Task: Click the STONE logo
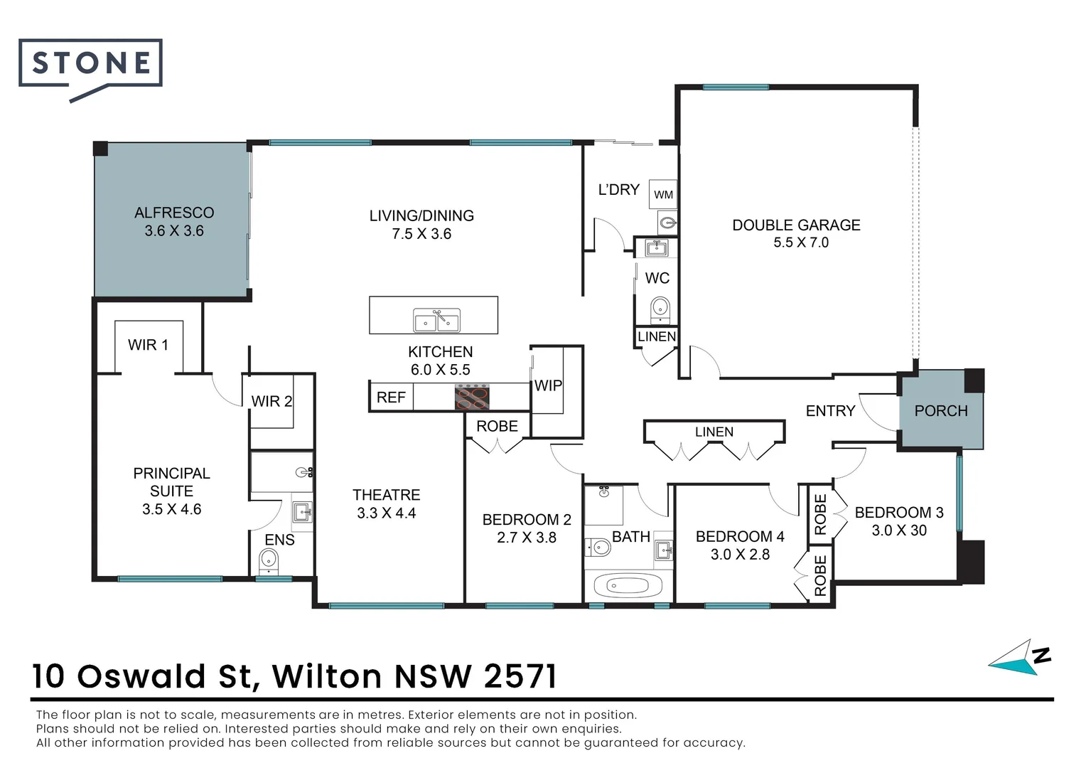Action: [x=91, y=64]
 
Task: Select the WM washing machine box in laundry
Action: [x=663, y=194]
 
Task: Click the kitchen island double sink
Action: [x=437, y=320]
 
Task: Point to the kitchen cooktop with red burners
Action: [x=472, y=397]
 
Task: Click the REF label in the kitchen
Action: [x=391, y=398]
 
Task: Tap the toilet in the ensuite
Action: [x=269, y=562]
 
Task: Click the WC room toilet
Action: [x=660, y=309]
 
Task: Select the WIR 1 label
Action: [x=148, y=345]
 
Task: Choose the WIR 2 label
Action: [x=271, y=401]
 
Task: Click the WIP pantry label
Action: [x=548, y=385]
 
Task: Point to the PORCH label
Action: [x=941, y=411]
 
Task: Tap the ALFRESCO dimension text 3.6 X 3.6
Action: [x=174, y=231]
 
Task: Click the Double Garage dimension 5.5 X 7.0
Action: [x=801, y=242]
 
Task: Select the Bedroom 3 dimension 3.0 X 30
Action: [x=899, y=530]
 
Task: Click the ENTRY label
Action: [x=830, y=411]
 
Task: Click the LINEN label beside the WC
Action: [x=656, y=336]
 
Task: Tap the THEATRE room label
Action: [x=386, y=495]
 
